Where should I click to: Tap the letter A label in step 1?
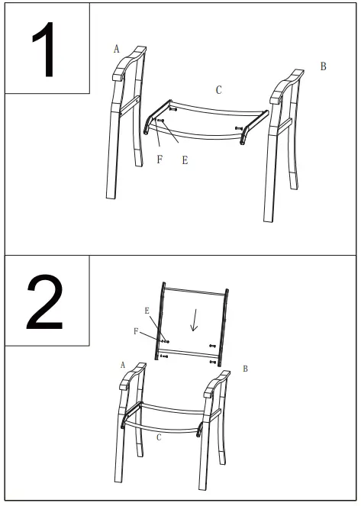[x=117, y=49]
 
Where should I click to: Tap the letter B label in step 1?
[x=323, y=67]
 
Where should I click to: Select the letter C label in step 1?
[x=218, y=90]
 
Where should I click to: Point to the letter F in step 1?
[x=160, y=160]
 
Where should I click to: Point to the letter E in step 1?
[x=185, y=160]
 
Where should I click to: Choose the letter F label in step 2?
[x=137, y=331]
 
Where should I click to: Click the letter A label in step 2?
[x=122, y=365]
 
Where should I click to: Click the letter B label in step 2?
[x=245, y=369]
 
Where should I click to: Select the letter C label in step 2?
[x=158, y=438]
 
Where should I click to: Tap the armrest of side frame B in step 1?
[x=286, y=82]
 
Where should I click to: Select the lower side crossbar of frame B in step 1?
[x=285, y=122]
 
